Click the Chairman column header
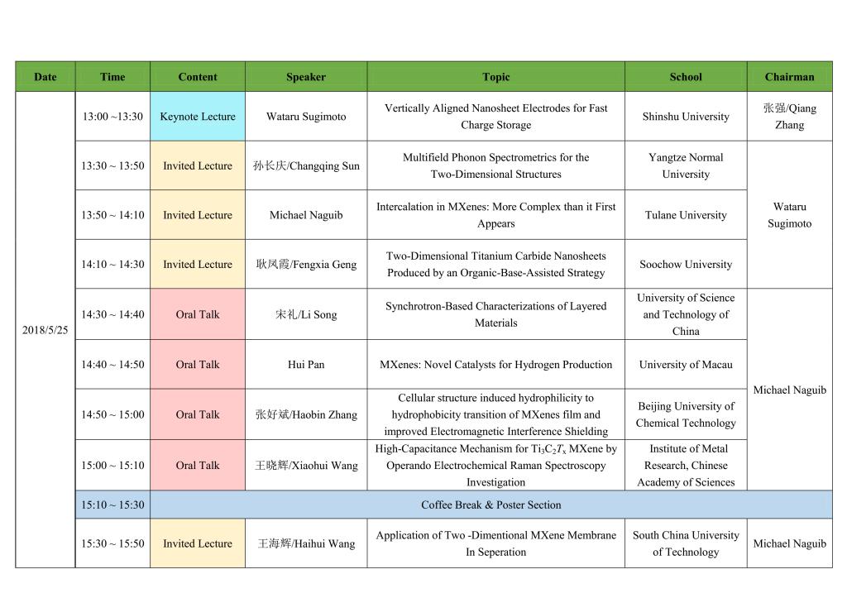click(789, 77)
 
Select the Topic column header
click(495, 77)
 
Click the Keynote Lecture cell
click(198, 117)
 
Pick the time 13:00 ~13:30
click(112, 117)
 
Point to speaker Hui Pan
click(306, 365)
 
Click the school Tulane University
click(686, 215)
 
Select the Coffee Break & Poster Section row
click(490, 505)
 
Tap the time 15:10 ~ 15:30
click(112, 505)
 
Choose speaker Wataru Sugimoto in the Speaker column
click(306, 117)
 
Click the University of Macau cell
click(686, 365)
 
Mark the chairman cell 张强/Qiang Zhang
click(789, 117)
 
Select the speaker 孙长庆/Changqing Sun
click(306, 166)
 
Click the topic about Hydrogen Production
click(495, 365)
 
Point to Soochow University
click(686, 265)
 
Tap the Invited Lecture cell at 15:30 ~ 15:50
click(198, 543)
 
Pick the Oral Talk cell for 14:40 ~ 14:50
click(198, 365)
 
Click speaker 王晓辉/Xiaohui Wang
click(306, 466)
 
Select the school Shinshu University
click(686, 117)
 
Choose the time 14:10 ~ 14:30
click(112, 265)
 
